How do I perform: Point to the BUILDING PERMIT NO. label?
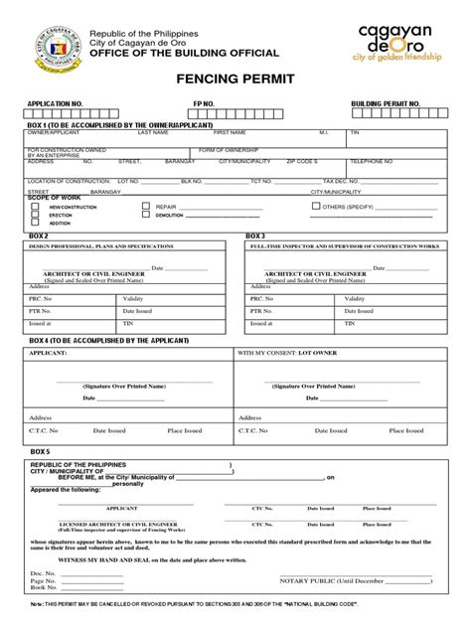click(386, 103)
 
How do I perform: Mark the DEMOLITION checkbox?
click(145, 215)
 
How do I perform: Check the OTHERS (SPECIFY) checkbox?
click(316, 207)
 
